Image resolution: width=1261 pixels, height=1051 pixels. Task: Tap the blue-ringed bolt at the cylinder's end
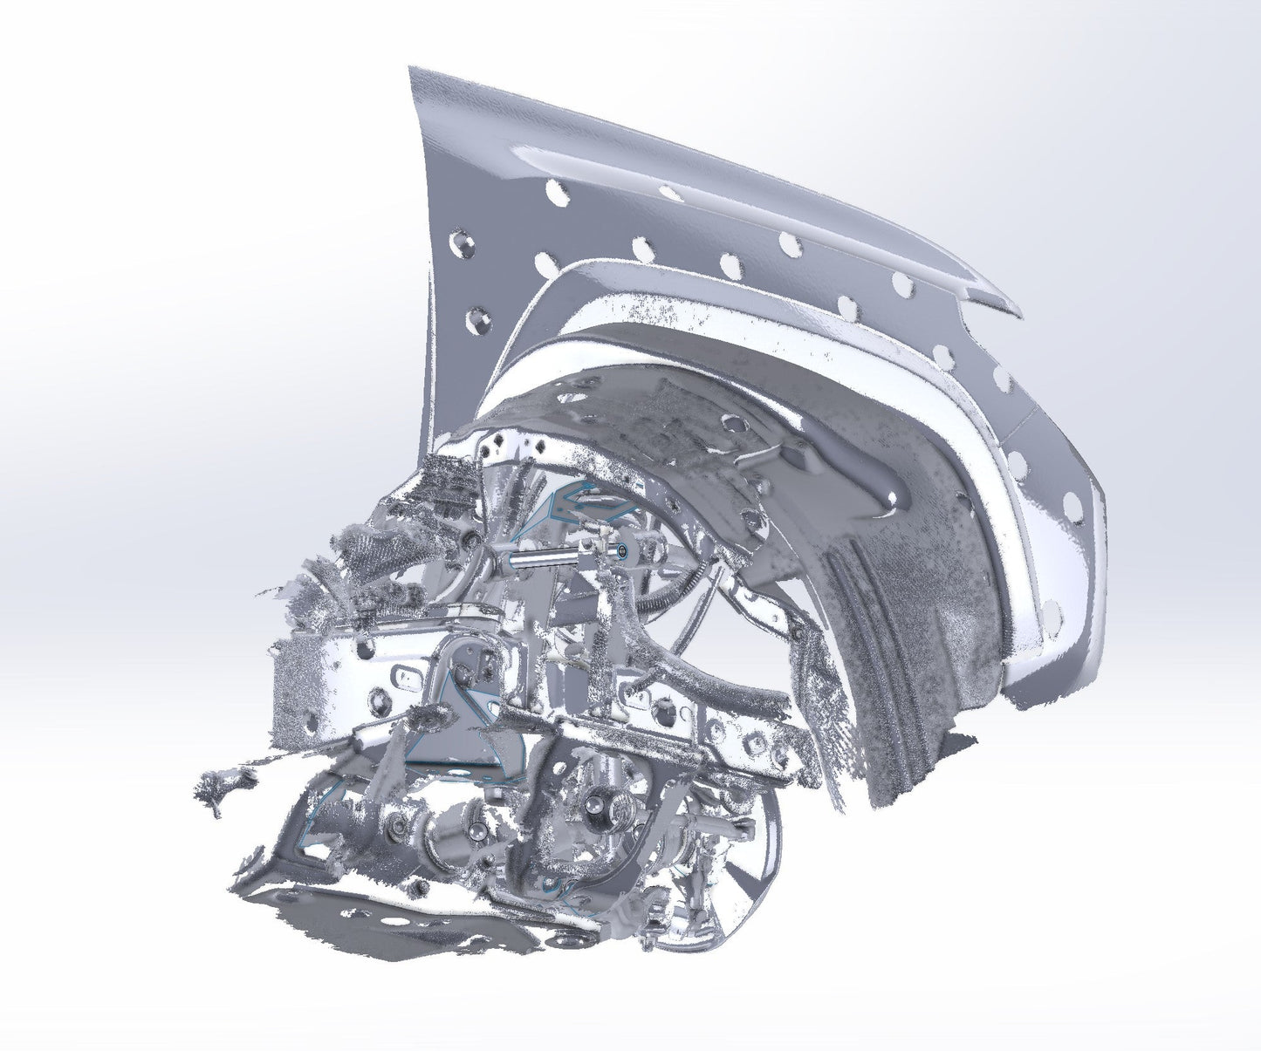click(x=621, y=551)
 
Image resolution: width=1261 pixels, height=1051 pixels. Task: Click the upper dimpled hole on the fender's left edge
click(x=462, y=240)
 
